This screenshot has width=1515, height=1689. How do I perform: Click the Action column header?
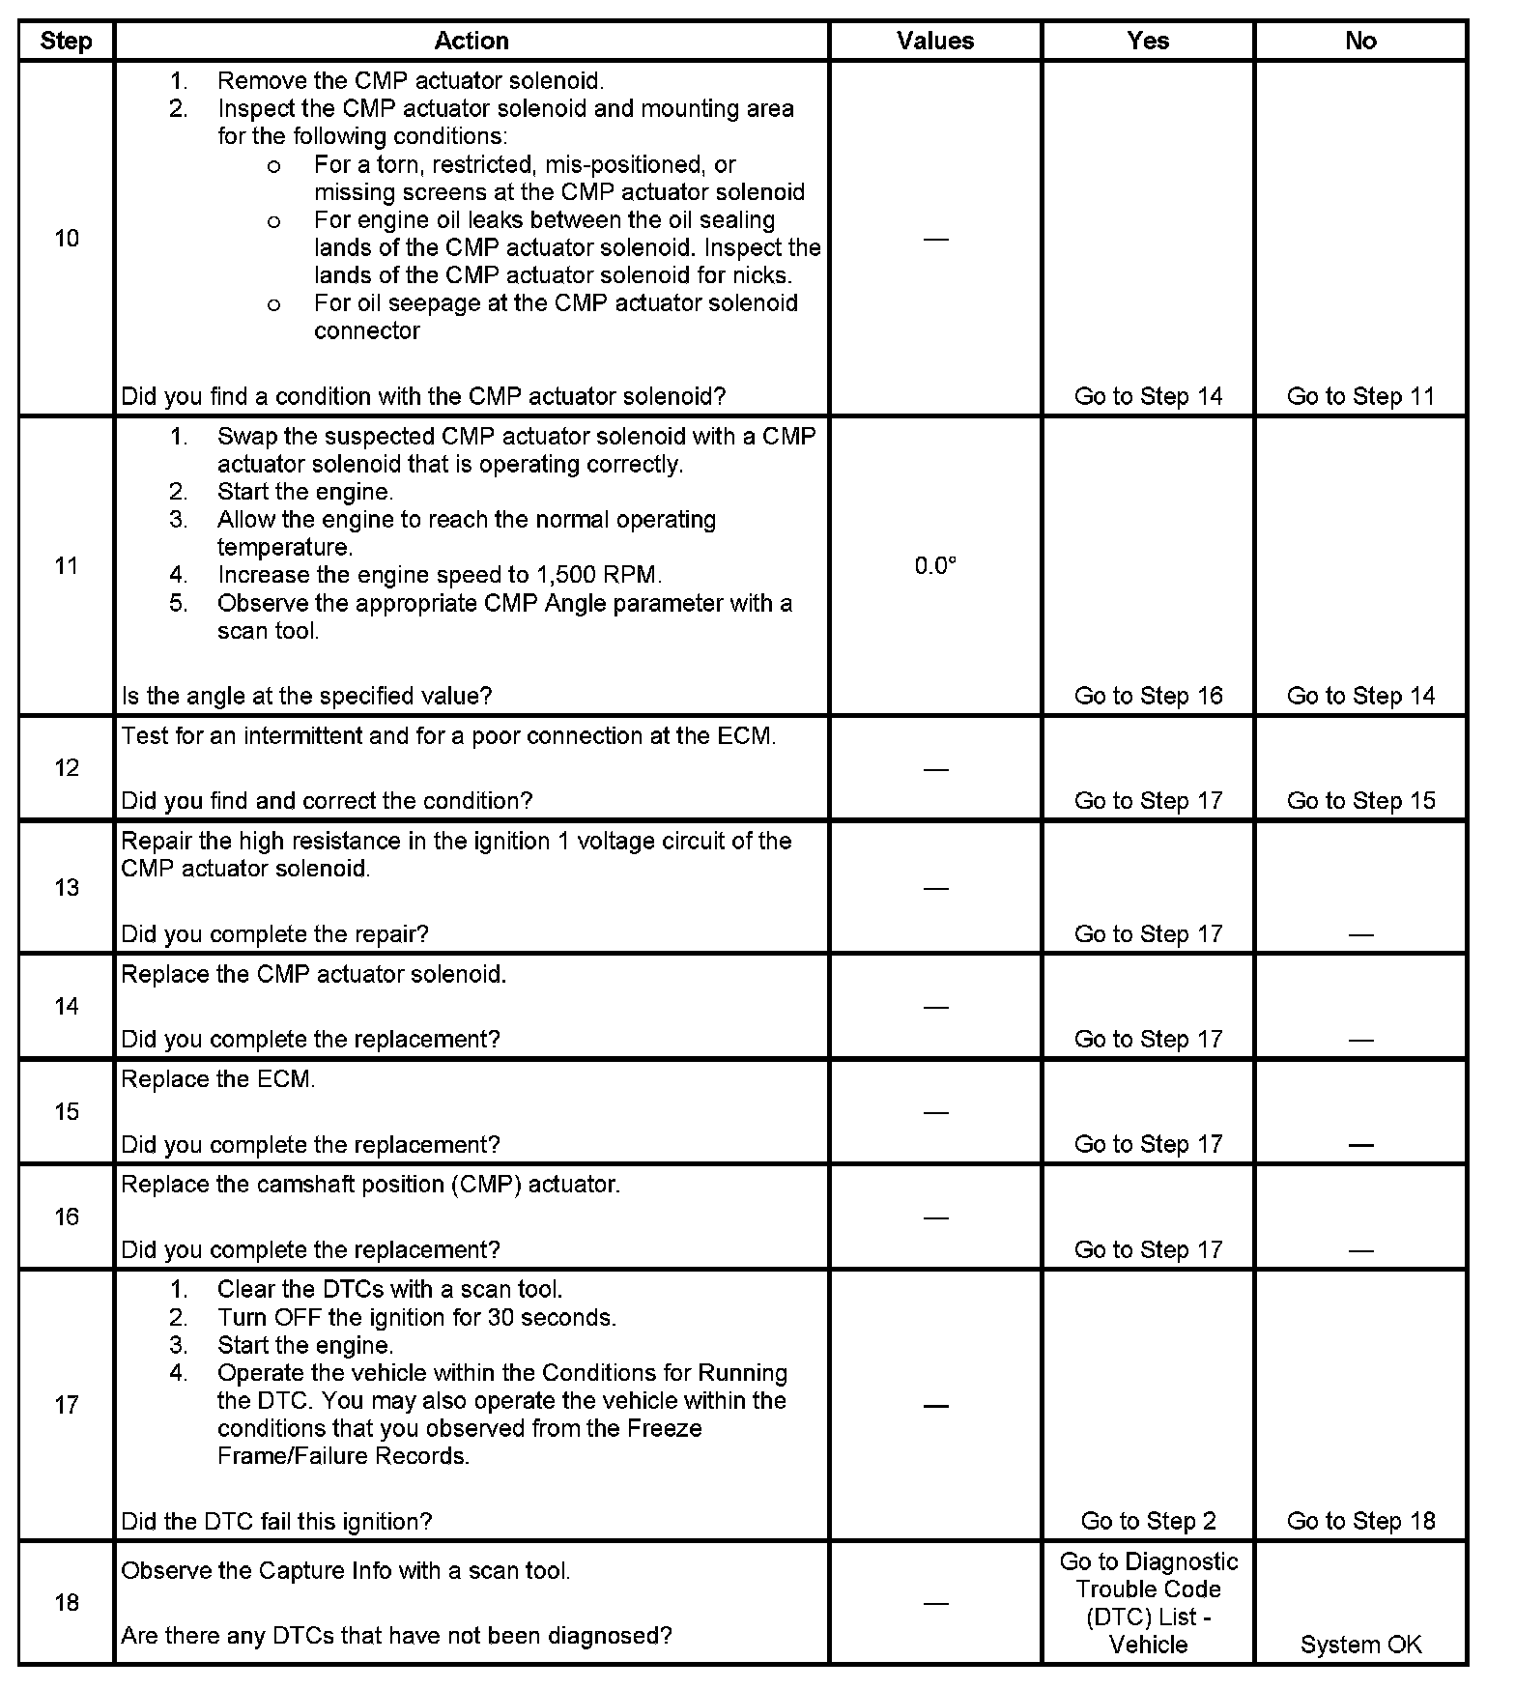(x=471, y=41)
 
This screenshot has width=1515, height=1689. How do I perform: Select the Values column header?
(x=934, y=41)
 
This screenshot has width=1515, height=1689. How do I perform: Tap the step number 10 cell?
(x=66, y=239)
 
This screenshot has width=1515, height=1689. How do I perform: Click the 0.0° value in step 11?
(x=934, y=566)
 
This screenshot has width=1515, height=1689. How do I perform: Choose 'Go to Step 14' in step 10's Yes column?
(x=1148, y=396)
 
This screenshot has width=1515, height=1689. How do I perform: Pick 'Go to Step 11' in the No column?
(x=1360, y=396)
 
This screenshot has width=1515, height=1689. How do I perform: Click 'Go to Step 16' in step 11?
(x=1148, y=696)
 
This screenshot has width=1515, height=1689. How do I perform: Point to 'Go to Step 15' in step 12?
(x=1360, y=801)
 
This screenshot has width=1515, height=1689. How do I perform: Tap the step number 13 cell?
(x=66, y=888)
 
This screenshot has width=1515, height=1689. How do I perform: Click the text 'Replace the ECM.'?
(x=218, y=1079)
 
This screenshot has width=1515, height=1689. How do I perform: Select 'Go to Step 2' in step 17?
(x=1148, y=1521)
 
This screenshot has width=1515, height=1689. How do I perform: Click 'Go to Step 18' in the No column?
(x=1360, y=1521)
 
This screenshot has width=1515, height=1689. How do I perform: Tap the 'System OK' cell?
(x=1360, y=1645)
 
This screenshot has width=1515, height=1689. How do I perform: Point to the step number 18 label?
(x=66, y=1603)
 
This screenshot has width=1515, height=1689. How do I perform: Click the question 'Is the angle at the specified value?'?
(x=306, y=696)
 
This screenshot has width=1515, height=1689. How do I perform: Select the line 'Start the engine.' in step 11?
(x=305, y=492)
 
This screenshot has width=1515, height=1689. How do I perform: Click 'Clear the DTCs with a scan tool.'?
(x=389, y=1289)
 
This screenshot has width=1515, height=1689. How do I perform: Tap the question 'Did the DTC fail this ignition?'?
(x=276, y=1521)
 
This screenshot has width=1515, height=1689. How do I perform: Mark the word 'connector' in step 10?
(x=367, y=330)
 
